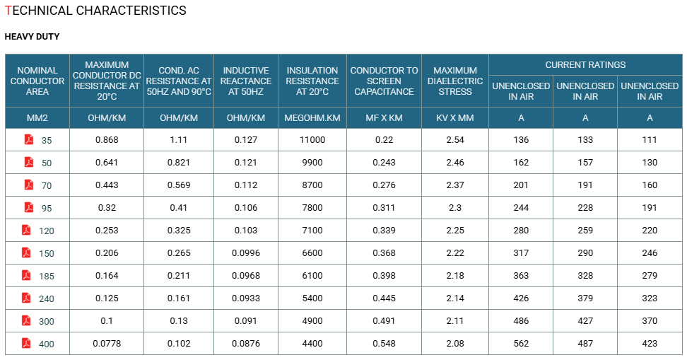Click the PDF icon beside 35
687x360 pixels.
pyautogui.click(x=29, y=139)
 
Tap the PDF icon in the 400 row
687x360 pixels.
pyautogui.click(x=26, y=343)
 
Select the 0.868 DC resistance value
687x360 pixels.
pyautogui.click(x=107, y=140)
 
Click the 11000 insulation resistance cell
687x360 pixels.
pyautogui.click(x=312, y=140)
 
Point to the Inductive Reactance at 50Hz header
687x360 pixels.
pyautogui.click(x=246, y=81)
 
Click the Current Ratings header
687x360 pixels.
pyautogui.click(x=585, y=65)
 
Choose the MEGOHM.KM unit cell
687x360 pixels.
pyautogui.click(x=312, y=118)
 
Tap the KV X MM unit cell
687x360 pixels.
pyautogui.click(x=454, y=118)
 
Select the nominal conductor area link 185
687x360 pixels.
pyautogui.click(x=47, y=277)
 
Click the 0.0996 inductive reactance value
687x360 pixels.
pyautogui.click(x=246, y=253)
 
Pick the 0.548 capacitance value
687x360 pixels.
pyautogui.click(x=384, y=343)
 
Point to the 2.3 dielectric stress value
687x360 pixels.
pyautogui.click(x=454, y=208)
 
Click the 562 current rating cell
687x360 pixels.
pyautogui.click(x=521, y=343)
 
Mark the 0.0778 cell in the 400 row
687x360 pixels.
pyautogui.click(x=107, y=343)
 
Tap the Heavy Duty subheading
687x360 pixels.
pyautogui.click(x=32, y=37)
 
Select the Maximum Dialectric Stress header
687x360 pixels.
pyautogui.click(x=454, y=81)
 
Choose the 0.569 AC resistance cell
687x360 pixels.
pyautogui.click(x=179, y=185)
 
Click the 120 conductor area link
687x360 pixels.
pyautogui.click(x=47, y=231)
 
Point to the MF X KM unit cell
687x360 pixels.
pyautogui.click(x=384, y=118)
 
